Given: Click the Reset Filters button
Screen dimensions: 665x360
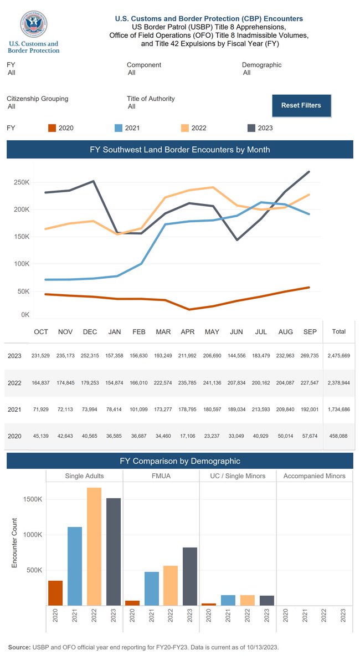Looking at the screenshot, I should (301, 105).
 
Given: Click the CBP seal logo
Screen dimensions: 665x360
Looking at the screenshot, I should (33, 24).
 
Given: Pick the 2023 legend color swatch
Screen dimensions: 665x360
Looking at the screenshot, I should (250, 128).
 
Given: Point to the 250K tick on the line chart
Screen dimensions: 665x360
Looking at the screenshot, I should (22, 182).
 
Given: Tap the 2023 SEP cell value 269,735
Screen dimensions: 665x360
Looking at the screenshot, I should (310, 356).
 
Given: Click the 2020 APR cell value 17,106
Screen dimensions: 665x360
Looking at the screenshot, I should (188, 436).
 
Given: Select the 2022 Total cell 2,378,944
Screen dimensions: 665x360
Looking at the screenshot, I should (338, 382).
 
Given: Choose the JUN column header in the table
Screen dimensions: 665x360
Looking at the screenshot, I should (236, 332).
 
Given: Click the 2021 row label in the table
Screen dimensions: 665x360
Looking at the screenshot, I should (14, 410).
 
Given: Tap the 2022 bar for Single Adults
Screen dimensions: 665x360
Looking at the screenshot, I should (95, 546).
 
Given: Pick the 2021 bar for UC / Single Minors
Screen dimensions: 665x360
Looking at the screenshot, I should (228, 600).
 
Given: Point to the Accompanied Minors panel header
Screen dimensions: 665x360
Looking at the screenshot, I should (314, 476).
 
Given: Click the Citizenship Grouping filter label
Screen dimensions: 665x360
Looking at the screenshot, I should (38, 99).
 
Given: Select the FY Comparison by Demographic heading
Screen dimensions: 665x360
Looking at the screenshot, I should (180, 461).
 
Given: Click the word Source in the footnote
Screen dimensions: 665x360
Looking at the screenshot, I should (19, 647).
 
